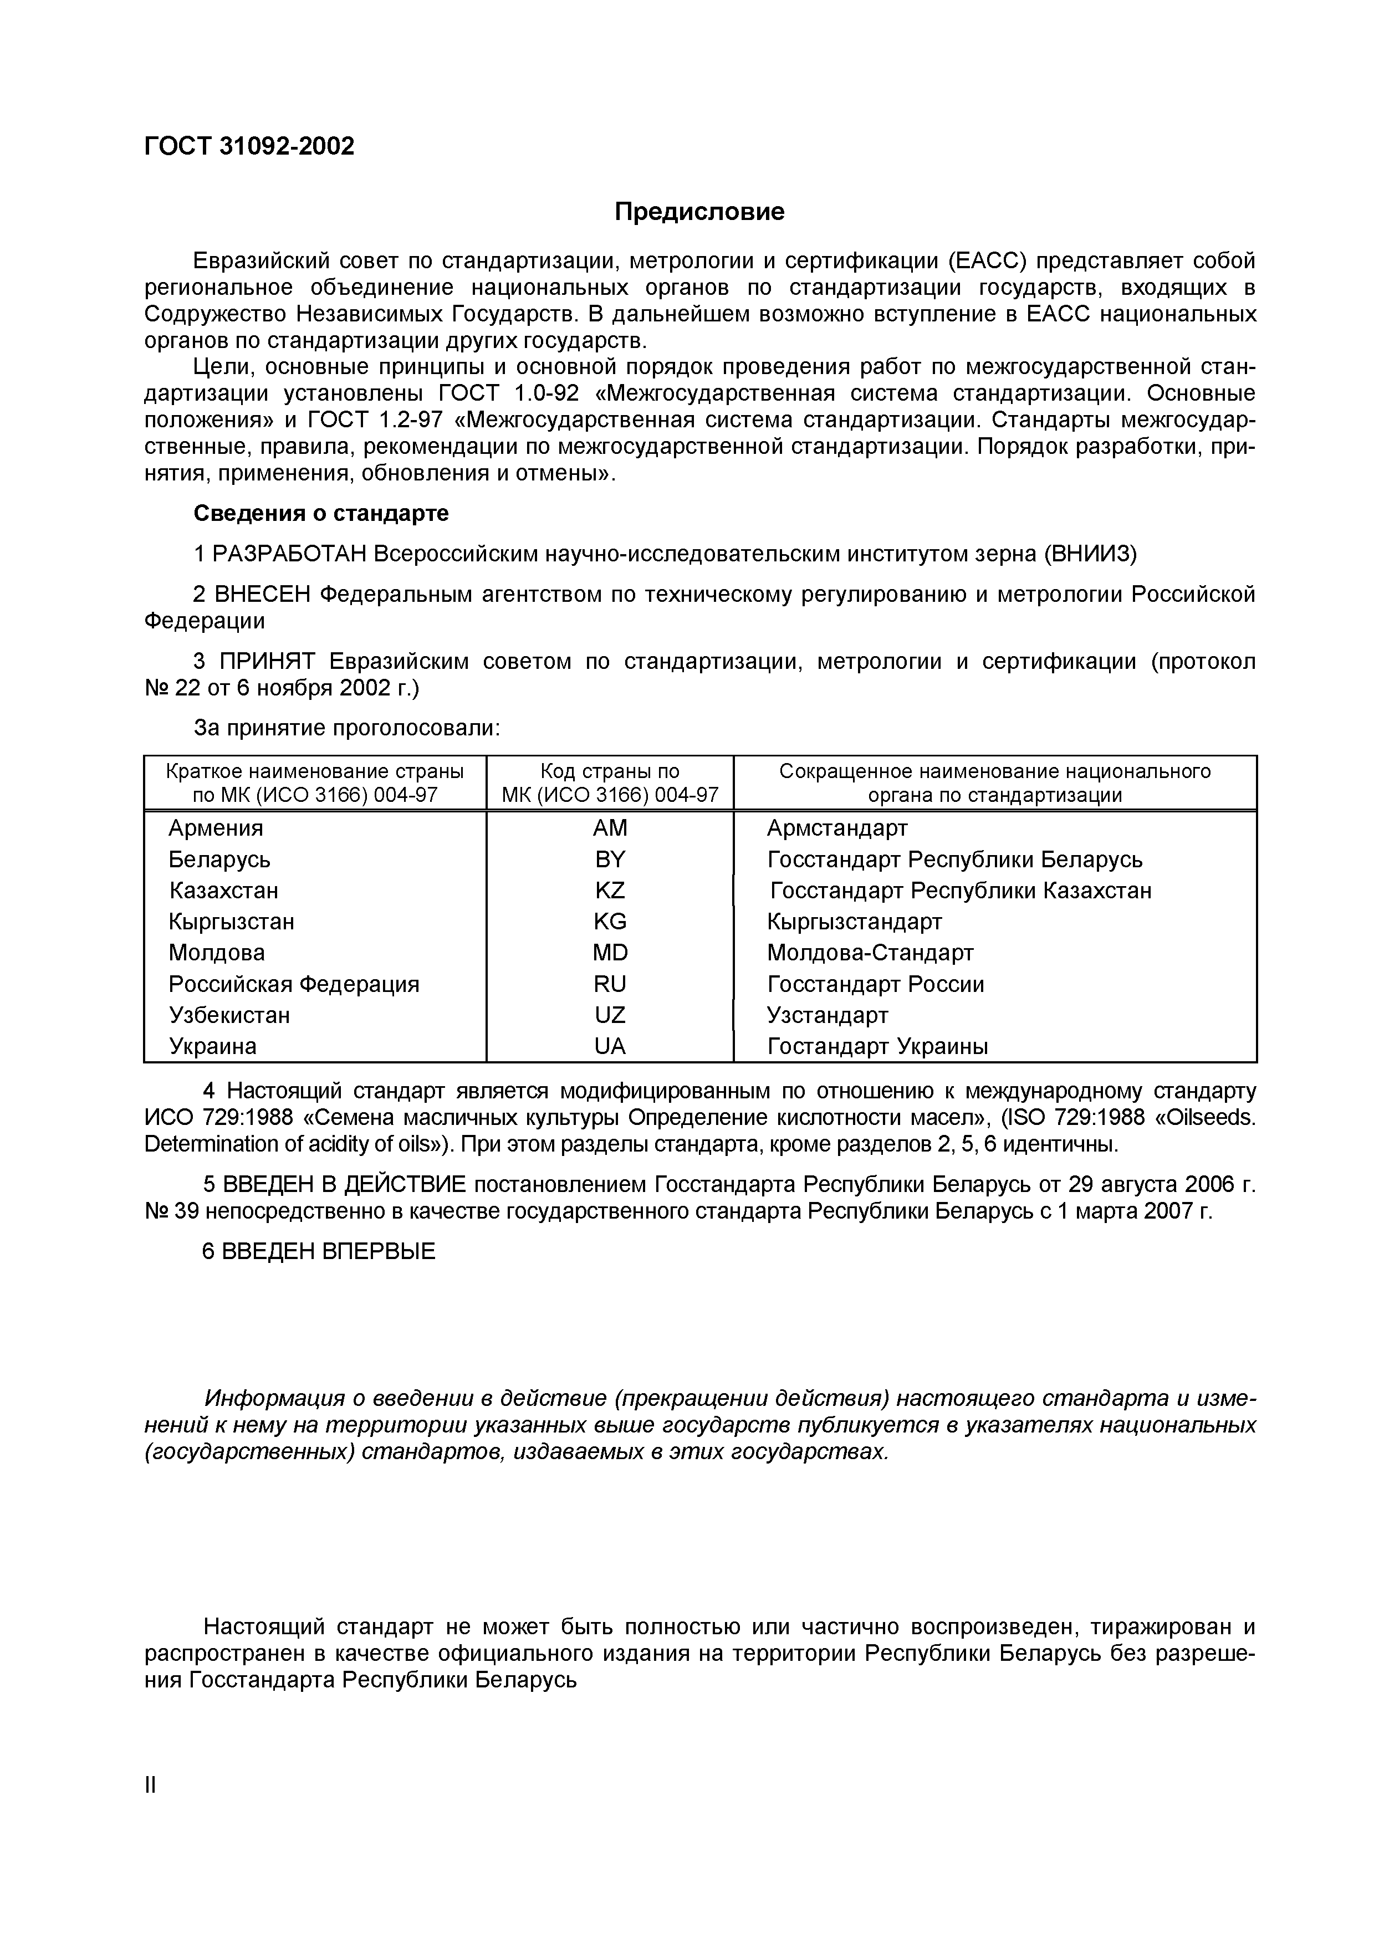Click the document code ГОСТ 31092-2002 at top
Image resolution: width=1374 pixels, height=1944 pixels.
click(x=249, y=146)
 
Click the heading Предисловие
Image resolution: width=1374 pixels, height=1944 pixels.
click(x=699, y=212)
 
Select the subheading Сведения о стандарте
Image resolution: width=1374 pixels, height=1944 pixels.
click(x=321, y=513)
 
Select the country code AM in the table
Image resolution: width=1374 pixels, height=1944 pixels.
click(x=610, y=828)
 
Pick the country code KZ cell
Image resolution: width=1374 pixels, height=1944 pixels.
click(x=610, y=891)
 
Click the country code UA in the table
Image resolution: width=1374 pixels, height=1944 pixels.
click(x=610, y=1046)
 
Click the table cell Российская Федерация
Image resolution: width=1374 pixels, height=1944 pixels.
click(x=294, y=984)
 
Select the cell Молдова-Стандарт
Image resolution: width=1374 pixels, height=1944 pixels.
click(x=870, y=953)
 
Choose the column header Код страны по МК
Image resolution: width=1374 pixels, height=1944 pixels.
click(x=610, y=782)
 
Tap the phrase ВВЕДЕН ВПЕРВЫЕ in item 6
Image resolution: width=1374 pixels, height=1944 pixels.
click(x=328, y=1251)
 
